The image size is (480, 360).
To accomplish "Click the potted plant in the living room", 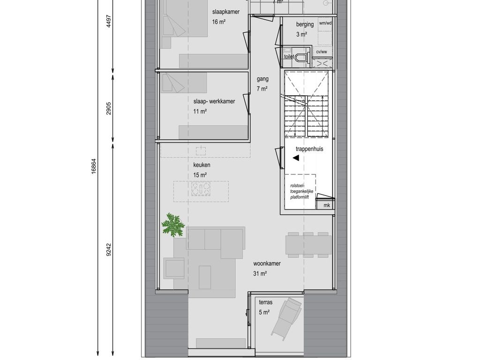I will tap(173, 225).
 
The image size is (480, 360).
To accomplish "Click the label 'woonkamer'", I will tap(267, 263).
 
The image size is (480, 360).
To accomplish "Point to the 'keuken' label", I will tap(202, 165).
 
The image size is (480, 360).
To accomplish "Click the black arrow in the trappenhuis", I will tap(296, 158).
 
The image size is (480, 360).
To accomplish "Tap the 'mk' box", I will tap(326, 205).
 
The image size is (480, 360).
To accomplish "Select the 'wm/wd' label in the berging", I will tap(325, 23).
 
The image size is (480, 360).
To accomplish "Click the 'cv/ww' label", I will tap(322, 52).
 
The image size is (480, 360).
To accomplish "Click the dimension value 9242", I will tap(109, 250).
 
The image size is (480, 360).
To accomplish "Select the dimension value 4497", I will tap(109, 21).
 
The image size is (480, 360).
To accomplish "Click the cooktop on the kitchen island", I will tap(200, 189).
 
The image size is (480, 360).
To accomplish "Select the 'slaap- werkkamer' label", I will tap(214, 101).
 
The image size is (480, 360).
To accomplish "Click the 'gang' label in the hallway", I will tap(262, 79).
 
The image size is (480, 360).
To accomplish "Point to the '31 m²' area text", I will tap(260, 273).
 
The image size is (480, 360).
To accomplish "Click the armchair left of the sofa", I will tap(174, 268).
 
